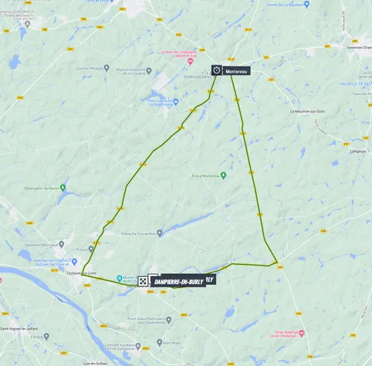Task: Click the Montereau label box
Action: [236, 71]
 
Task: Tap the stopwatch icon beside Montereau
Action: [217, 70]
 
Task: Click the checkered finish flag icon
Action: [142, 281]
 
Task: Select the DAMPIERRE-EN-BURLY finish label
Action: [178, 281]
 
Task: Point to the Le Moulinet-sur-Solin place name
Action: [309, 112]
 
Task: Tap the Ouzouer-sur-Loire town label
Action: [83, 273]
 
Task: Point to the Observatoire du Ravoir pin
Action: [62, 187]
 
